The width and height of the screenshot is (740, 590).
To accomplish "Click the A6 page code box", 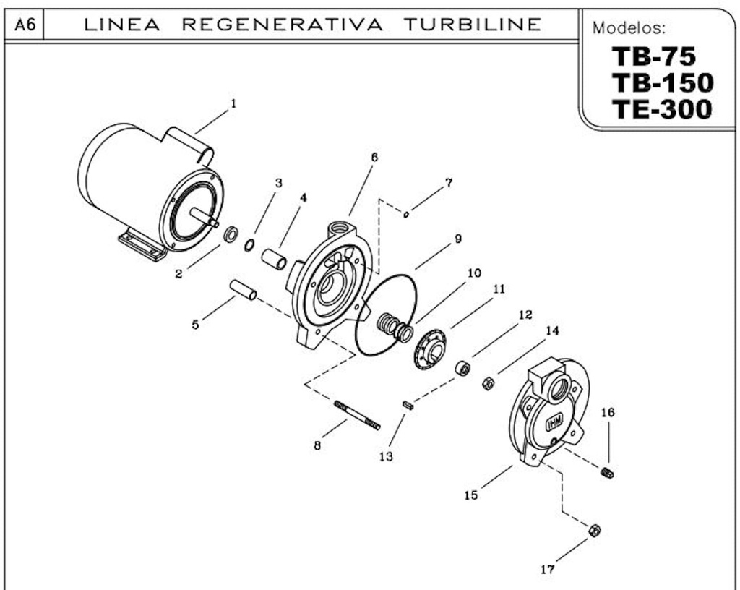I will [26, 25].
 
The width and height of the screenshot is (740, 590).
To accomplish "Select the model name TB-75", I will [653, 58].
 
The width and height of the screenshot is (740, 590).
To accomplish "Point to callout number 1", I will [233, 103].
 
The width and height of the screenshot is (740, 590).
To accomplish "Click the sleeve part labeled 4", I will [275, 259].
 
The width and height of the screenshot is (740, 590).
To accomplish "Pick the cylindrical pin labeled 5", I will [244, 288].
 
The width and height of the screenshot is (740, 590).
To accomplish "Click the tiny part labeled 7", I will [408, 214].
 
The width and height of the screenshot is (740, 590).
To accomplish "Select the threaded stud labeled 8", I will [357, 415].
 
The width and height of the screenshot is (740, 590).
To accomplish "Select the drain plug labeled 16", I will [608, 473].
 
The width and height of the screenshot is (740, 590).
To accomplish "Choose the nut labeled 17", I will [594, 531].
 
